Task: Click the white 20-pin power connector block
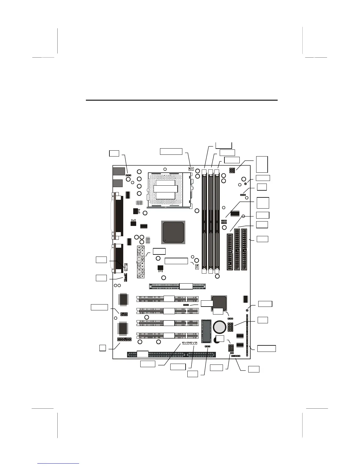pyautogui.click(x=141, y=262)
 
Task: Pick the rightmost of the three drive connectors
pyautogui.click(x=244, y=249)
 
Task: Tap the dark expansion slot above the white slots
pyautogui.click(x=177, y=286)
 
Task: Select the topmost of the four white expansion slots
pyautogui.click(x=167, y=299)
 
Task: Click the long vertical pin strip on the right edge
pyautogui.click(x=247, y=335)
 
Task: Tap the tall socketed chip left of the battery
pyautogui.click(x=206, y=331)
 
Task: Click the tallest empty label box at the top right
pyautogui.click(x=262, y=164)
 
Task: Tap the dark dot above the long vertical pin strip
pyautogui.click(x=247, y=310)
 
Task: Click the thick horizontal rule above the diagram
pyautogui.click(x=181, y=100)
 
